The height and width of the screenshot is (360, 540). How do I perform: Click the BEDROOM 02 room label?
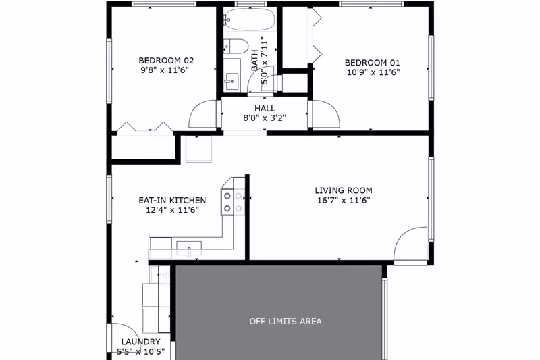point(161,59)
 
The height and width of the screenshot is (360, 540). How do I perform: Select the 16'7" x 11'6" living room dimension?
point(344,200)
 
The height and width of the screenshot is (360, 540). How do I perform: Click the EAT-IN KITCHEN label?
point(172,201)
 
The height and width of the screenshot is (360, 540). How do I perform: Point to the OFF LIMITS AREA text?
point(286,321)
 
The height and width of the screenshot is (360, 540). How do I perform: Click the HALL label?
point(265,108)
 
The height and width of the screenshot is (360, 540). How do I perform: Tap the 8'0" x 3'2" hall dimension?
point(265,118)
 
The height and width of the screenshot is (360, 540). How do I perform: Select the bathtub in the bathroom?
point(249,20)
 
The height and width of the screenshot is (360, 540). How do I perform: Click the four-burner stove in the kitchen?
point(232,201)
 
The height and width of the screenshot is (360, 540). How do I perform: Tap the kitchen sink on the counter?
point(189,248)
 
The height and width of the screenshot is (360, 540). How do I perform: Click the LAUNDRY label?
point(140,342)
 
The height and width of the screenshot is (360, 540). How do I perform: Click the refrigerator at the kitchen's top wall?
point(198,148)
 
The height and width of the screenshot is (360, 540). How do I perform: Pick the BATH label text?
point(255,61)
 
